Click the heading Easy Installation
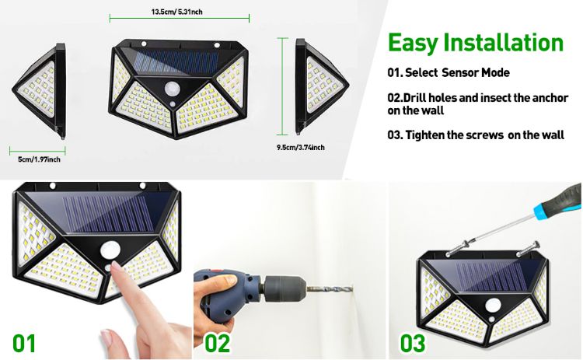(475, 43)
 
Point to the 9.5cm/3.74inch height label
(300, 146)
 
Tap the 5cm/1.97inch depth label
(39, 159)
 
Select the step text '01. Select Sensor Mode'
(449, 72)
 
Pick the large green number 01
(24, 342)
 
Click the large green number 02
(218, 342)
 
